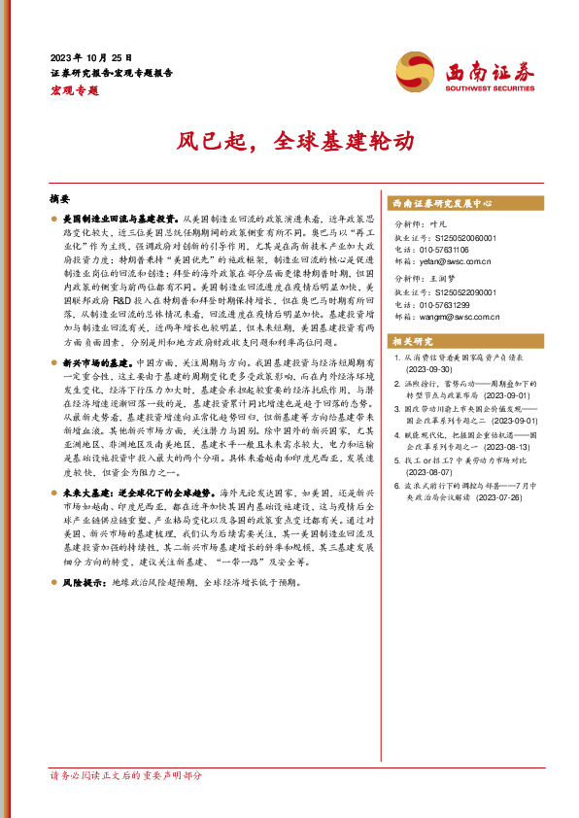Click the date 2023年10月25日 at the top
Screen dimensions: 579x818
click(x=90, y=58)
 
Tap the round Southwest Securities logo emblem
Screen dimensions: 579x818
click(x=415, y=71)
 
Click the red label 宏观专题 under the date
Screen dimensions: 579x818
click(x=74, y=88)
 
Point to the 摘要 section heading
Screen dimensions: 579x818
click(x=58, y=197)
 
